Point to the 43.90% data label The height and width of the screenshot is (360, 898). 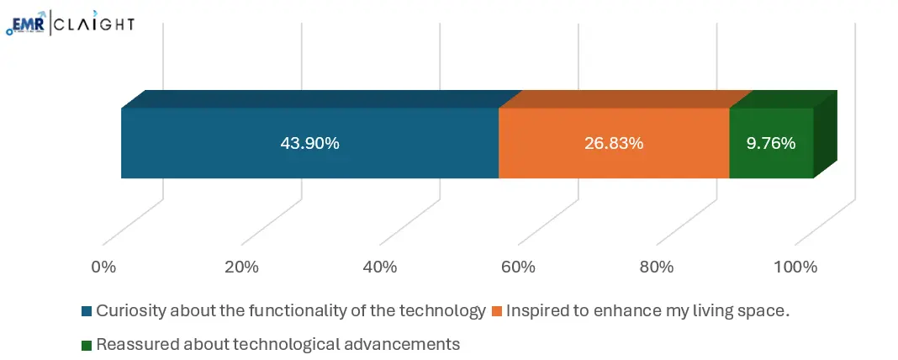click(x=309, y=143)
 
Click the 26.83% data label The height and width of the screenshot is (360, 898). click(x=614, y=143)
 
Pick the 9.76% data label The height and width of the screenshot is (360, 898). click(x=771, y=143)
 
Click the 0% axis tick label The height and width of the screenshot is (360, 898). click(x=103, y=267)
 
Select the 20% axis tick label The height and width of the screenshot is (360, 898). click(x=241, y=267)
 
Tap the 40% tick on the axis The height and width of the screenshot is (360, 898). click(x=380, y=267)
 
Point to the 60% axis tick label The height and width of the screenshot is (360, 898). click(x=518, y=267)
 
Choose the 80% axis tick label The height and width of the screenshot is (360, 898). click(x=657, y=267)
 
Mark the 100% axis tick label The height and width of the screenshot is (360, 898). click(x=795, y=267)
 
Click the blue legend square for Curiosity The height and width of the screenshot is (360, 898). click(x=87, y=311)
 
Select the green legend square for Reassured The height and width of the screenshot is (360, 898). click(x=87, y=344)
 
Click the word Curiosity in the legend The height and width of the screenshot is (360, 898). click(x=126, y=310)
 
